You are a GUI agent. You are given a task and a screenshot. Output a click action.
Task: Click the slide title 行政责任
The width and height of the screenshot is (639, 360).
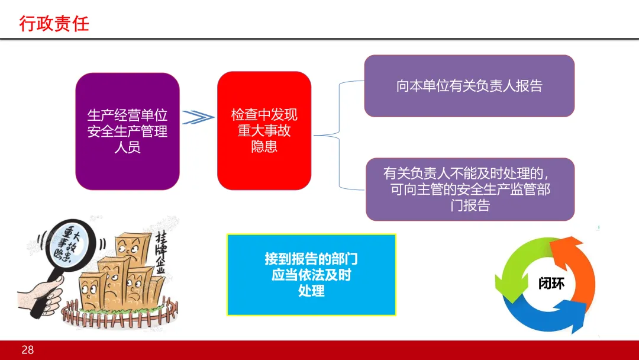(x=54, y=24)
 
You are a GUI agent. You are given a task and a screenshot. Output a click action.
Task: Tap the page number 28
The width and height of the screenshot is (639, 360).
(x=28, y=350)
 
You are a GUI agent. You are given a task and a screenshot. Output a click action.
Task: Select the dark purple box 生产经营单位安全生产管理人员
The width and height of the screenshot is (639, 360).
(x=127, y=131)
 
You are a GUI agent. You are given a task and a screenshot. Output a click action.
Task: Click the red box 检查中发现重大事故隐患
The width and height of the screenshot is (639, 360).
(x=264, y=131)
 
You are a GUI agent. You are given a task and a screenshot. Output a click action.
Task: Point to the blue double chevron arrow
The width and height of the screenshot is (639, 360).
(x=198, y=117)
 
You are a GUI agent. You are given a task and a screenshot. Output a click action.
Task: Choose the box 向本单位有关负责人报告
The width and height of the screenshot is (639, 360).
(x=469, y=86)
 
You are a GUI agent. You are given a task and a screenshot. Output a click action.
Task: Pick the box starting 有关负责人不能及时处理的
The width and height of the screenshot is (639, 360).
(x=470, y=189)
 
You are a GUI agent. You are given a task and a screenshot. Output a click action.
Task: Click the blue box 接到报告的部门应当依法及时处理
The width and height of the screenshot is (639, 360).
(x=311, y=274)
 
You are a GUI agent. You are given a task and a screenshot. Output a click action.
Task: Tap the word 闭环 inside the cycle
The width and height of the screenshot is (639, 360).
(x=551, y=283)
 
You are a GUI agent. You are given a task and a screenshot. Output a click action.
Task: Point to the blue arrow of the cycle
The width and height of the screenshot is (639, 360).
(x=547, y=317)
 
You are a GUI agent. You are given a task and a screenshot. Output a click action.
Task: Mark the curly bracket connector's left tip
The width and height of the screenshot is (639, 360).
(x=315, y=136)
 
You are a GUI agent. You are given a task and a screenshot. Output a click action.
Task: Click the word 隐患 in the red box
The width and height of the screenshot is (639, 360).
(x=264, y=146)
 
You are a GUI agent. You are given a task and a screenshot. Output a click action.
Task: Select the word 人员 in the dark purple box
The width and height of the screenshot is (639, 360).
(x=127, y=146)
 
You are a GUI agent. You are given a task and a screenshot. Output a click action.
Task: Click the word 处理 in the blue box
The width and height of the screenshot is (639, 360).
(x=311, y=291)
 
